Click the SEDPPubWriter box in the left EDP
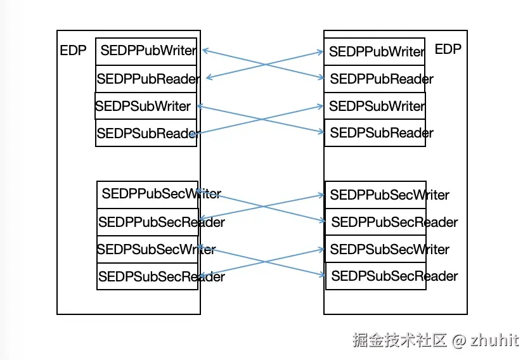click(146, 51)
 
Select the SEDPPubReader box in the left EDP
click(146, 79)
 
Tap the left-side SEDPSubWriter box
click(145, 106)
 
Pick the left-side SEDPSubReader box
click(146, 133)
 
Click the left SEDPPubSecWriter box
click(148, 194)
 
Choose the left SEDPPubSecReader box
click(148, 222)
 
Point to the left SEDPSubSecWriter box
click(148, 249)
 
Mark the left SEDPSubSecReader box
click(148, 276)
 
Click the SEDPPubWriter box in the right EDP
click(375, 51)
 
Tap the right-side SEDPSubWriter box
click(375, 106)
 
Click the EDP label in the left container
click(73, 51)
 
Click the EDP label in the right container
click(448, 49)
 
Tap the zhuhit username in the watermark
click(494, 340)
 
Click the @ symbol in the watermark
click(459, 340)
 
